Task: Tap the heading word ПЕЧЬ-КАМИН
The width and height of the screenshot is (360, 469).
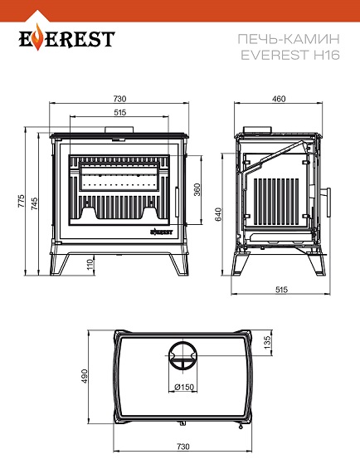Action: click(289, 39)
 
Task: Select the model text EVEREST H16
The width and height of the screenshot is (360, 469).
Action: click(290, 55)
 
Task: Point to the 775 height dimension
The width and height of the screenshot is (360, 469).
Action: click(21, 202)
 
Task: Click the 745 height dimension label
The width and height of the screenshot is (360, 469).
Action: click(34, 203)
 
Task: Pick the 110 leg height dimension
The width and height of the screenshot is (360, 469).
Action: click(90, 265)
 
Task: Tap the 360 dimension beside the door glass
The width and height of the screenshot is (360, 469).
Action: click(197, 190)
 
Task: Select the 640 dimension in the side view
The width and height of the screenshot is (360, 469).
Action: click(219, 214)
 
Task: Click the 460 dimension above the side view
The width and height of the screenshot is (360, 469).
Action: click(279, 99)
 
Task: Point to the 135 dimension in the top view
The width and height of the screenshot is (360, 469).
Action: click(267, 341)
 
